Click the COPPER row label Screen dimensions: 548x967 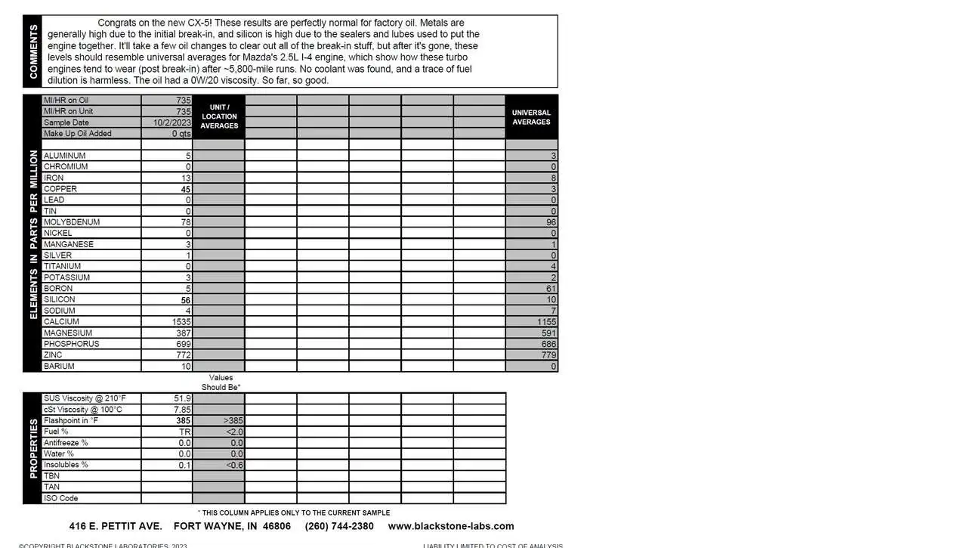tap(60, 189)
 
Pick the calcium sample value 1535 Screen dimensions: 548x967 tap(181, 322)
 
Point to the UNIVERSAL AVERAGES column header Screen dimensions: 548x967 tap(531, 117)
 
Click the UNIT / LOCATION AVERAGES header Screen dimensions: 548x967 tap(219, 116)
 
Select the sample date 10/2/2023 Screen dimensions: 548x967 tap(172, 122)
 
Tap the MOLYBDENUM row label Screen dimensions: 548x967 tap(72, 222)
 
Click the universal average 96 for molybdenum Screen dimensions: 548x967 tap(551, 222)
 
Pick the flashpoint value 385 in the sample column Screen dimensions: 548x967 tap(183, 421)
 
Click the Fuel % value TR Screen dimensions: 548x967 tap(184, 432)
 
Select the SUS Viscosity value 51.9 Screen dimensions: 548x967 tap(182, 398)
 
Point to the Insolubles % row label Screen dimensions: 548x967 tap(66, 465)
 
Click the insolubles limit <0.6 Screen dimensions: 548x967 tap(233, 465)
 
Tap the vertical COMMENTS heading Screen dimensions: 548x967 tap(33, 51)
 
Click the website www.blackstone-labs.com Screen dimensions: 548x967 tap(451, 526)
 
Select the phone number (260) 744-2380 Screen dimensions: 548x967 tap(339, 526)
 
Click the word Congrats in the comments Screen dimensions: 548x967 tap(118, 23)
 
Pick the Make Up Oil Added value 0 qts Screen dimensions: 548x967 tap(181, 134)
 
